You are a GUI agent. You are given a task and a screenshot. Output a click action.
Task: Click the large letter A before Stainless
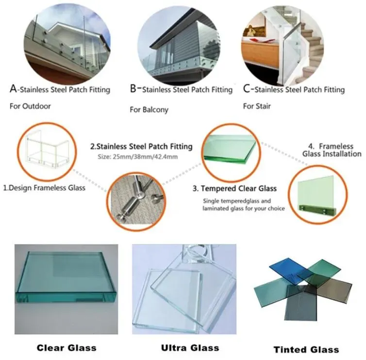[x=13, y=89]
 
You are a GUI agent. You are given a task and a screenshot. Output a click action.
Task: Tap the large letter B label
[x=133, y=89]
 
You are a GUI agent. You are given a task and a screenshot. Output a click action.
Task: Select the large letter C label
[x=247, y=89]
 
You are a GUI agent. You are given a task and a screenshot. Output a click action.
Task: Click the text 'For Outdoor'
[x=30, y=106]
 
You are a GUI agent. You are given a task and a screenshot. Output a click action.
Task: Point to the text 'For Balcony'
[x=149, y=110]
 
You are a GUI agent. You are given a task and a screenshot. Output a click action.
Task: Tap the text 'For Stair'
[x=257, y=106]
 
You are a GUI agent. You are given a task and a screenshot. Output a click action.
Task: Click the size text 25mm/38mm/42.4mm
[x=145, y=157]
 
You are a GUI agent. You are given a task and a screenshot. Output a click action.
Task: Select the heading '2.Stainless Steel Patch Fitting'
[x=141, y=146]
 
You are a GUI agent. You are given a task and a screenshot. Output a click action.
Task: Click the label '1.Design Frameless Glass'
[x=44, y=188]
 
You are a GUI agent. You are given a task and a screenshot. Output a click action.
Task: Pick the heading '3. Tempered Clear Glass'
[x=234, y=189]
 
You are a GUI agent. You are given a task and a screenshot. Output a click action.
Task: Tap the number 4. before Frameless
[x=311, y=146]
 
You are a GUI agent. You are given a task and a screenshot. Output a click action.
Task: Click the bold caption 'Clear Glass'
[x=67, y=348]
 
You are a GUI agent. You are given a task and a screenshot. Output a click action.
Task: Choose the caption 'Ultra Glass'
[x=190, y=348]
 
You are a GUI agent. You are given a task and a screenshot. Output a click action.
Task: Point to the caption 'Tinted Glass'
[x=306, y=349]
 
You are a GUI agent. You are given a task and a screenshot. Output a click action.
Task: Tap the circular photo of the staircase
[x=283, y=45]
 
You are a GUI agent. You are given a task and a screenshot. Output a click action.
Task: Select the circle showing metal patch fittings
[x=136, y=202]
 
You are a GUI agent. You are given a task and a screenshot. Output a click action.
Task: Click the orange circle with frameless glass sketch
[x=47, y=152]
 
